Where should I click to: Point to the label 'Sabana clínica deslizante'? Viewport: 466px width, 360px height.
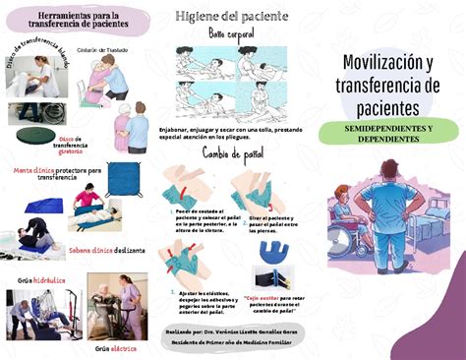point(107,250)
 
